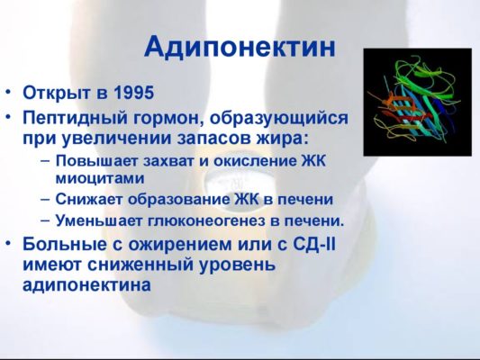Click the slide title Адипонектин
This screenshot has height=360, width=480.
point(240,47)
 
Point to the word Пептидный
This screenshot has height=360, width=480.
point(73,118)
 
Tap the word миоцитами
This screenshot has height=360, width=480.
point(94,178)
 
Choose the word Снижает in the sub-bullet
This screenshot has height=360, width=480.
point(86,199)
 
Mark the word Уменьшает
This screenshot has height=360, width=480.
point(96,220)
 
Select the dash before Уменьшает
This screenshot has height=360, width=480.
point(44,220)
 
